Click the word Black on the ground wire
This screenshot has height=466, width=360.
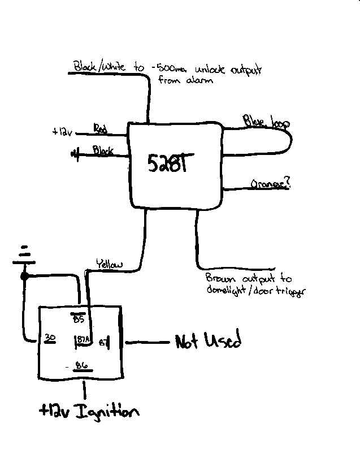103,151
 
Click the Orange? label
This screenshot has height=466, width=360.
271,184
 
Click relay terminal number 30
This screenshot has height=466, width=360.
50,338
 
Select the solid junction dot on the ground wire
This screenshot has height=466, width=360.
24,276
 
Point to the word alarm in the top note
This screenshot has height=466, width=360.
201,81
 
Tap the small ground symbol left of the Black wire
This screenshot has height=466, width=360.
75,153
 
